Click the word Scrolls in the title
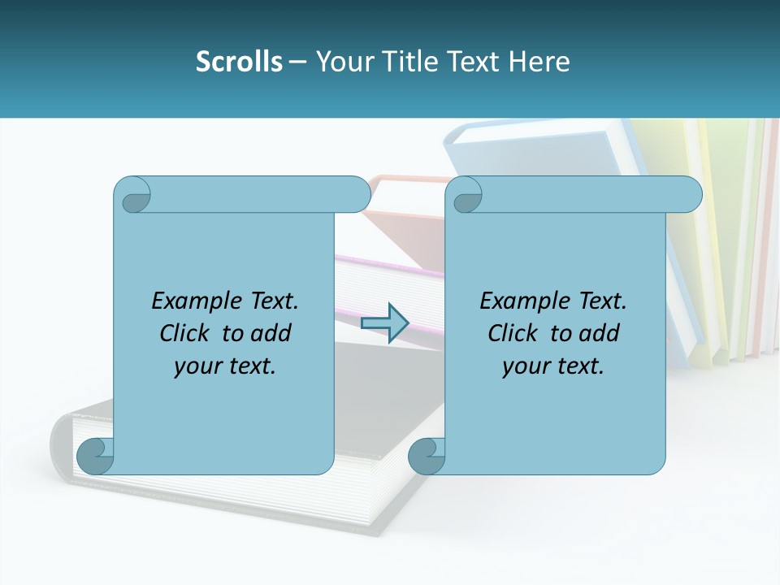(239, 62)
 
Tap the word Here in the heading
(539, 62)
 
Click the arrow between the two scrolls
(384, 323)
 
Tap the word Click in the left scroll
(184, 333)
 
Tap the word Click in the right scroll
(513, 333)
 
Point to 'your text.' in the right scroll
(553, 366)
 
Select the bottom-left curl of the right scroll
(427, 456)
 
